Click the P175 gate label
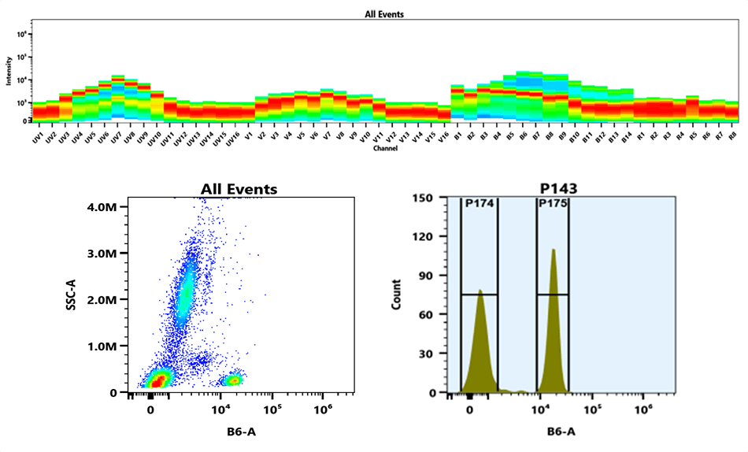pyautogui.click(x=551, y=203)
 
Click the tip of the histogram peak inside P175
pyautogui.click(x=554, y=250)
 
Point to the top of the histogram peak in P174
pyautogui.click(x=480, y=291)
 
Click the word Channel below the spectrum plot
pyautogui.click(x=385, y=148)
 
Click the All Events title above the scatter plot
pyautogui.click(x=239, y=189)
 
